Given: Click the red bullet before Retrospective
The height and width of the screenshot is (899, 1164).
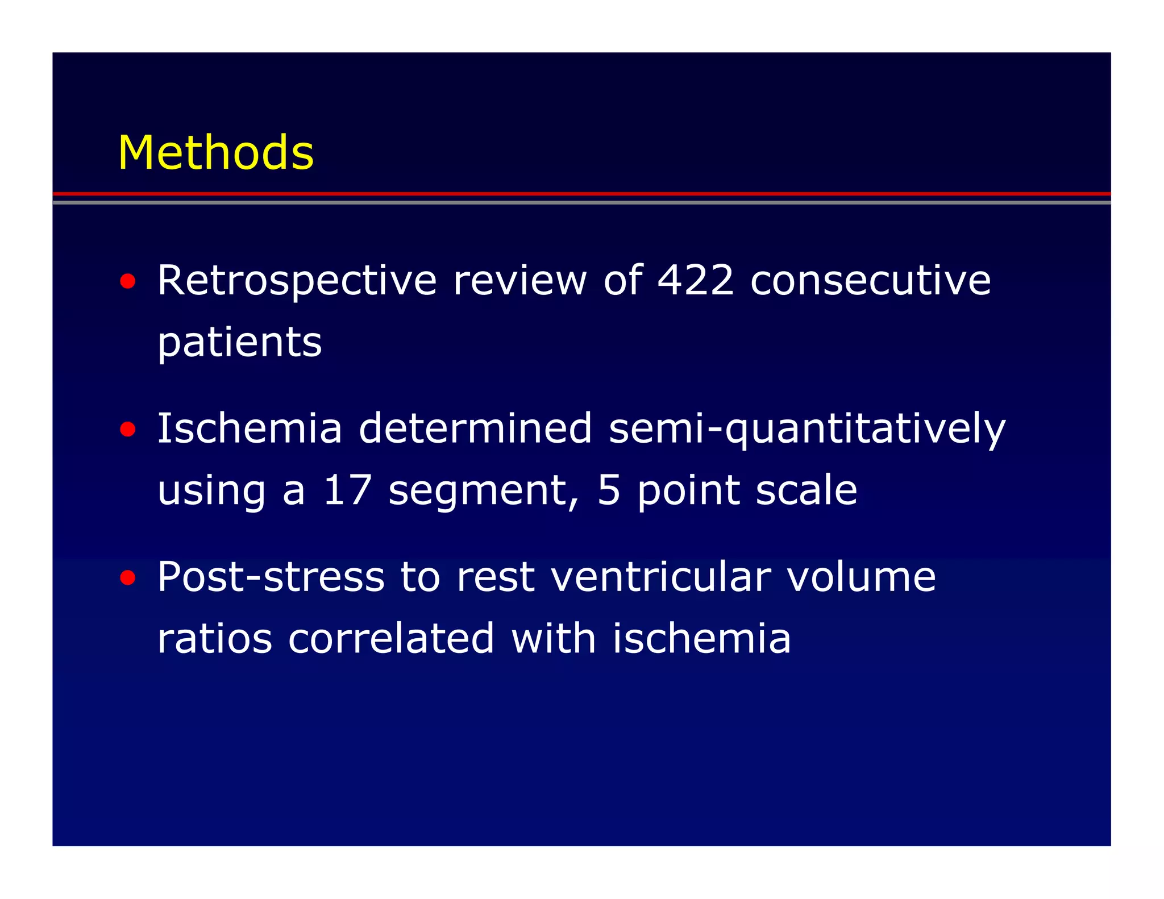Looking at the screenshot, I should [x=128, y=281].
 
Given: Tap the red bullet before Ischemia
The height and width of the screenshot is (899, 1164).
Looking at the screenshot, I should [x=128, y=429].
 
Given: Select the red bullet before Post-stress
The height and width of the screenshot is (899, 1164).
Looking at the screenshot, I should [x=128, y=578].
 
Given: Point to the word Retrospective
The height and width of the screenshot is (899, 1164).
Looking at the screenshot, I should [x=297, y=281].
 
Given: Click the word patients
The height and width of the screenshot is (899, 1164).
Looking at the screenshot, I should [x=239, y=343].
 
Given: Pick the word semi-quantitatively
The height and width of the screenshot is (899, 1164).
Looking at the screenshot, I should [x=807, y=430].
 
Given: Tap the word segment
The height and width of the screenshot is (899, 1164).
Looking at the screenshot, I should [x=483, y=490].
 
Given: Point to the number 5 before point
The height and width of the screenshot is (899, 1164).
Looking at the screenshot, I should [x=609, y=490].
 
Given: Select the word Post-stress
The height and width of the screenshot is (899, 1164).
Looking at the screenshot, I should [x=271, y=577].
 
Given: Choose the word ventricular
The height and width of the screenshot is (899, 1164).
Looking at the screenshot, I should [x=661, y=577].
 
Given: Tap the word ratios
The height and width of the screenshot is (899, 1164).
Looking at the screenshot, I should [x=214, y=638].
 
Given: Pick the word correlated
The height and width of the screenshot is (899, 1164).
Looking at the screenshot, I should [x=391, y=638].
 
